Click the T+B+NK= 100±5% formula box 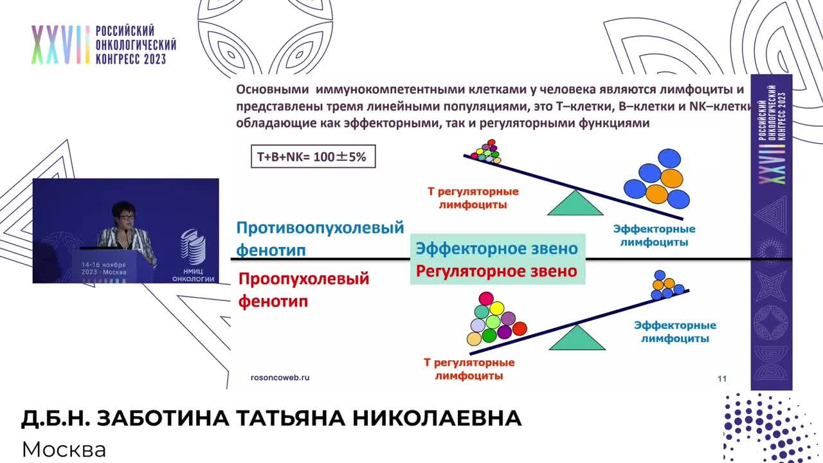[312, 156]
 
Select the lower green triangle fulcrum [577, 339]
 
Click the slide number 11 [721, 379]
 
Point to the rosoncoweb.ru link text [280, 377]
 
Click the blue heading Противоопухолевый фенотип [320, 238]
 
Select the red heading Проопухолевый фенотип [303, 289]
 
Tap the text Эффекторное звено [496, 248]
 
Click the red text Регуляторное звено [496, 271]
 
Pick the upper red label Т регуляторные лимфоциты [473, 198]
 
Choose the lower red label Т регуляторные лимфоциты [469, 369]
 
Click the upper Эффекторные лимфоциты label [654, 235]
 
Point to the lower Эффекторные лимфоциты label [674, 332]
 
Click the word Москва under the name [64, 449]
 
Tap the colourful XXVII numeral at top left [60, 45]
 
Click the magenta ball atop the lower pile [486, 298]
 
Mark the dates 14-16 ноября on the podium [104, 265]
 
